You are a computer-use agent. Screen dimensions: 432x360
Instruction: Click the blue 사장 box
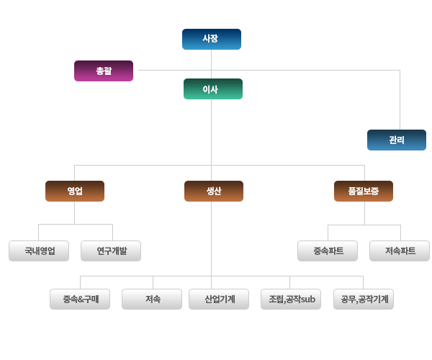coord(212,39)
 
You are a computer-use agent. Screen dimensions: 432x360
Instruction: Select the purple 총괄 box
coord(104,71)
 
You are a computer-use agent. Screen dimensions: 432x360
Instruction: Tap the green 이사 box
coord(213,89)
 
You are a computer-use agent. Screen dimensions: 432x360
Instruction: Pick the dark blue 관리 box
coord(397,140)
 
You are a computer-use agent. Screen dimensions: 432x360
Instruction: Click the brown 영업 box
coord(75,191)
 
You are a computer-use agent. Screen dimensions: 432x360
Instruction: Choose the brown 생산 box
coord(214,191)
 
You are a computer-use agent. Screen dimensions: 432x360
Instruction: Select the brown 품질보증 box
coord(364,191)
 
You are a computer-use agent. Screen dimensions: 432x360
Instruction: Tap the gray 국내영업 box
coord(39,251)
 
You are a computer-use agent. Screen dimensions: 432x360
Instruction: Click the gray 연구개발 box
coord(111,251)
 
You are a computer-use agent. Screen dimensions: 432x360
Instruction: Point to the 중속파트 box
coord(328,251)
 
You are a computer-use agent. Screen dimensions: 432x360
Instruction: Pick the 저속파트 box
coord(400,251)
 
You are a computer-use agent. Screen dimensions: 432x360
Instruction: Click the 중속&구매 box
coord(80,299)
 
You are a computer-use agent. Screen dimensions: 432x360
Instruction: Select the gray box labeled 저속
coord(152,299)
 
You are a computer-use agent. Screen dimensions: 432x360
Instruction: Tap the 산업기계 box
coord(219,299)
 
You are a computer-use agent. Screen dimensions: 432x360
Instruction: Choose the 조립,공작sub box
coord(291,299)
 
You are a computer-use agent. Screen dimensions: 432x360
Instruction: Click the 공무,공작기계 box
coord(364,299)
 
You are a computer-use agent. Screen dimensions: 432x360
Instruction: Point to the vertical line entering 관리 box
coord(400,99)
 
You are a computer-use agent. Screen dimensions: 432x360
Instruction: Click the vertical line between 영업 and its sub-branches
coord(74,213)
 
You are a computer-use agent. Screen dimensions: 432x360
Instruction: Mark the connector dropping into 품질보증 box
coord(365,173)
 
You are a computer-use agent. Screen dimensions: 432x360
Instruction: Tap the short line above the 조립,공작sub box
coord(289,283)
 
